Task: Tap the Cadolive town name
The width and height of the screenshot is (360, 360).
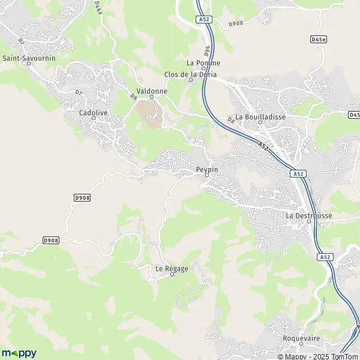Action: (93, 112)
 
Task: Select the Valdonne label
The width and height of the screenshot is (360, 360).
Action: (151, 91)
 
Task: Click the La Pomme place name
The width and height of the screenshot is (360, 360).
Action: (203, 62)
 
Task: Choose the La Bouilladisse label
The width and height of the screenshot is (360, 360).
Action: (260, 116)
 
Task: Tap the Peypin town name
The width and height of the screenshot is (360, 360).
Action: (207, 170)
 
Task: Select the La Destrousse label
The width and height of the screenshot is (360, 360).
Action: (308, 215)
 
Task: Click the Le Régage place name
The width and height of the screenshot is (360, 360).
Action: (172, 268)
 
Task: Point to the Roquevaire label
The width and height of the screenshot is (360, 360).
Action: (302, 338)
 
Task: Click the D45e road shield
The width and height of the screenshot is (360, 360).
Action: (319, 39)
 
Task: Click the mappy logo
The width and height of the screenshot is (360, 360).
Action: (19, 353)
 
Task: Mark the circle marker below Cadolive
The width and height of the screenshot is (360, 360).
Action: (94, 118)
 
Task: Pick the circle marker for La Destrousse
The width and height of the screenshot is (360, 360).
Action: (309, 221)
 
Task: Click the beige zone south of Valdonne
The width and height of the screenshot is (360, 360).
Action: (149, 113)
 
